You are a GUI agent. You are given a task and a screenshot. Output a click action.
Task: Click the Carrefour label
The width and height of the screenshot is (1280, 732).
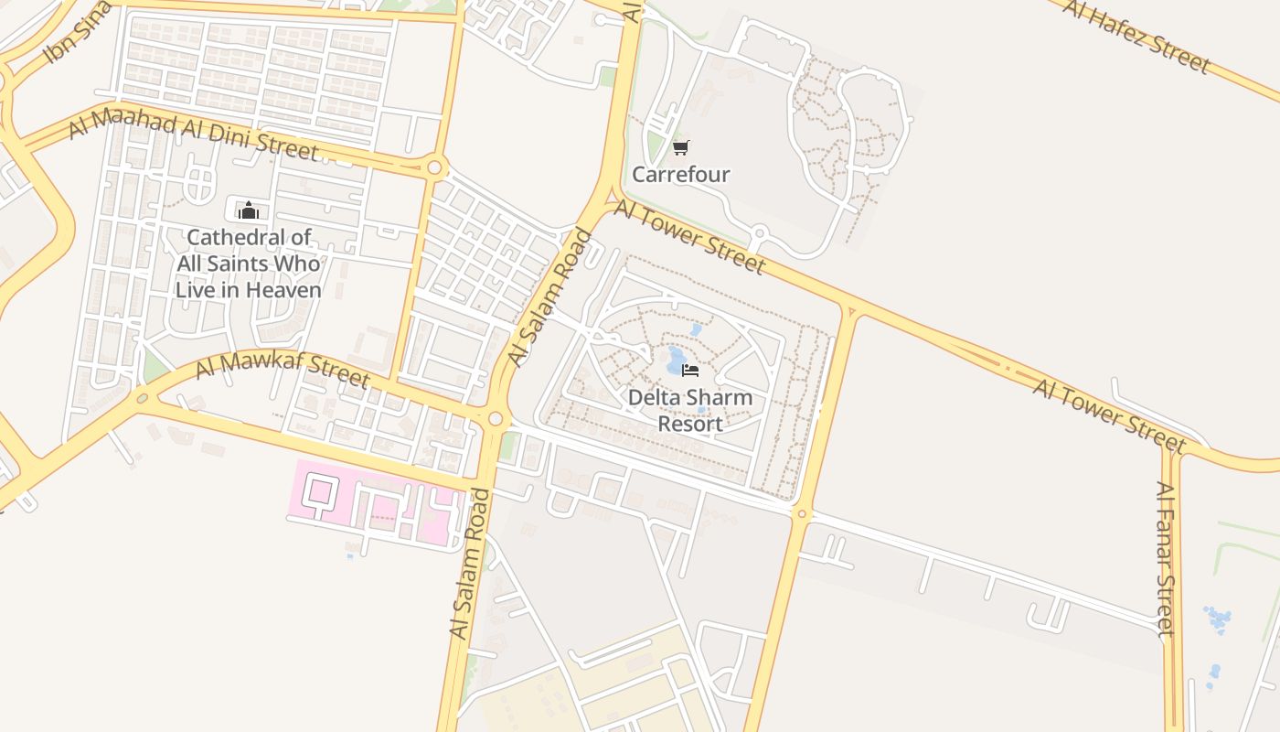[681, 174]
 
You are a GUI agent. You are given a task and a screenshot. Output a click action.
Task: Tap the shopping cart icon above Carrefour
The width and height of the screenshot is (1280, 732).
[680, 147]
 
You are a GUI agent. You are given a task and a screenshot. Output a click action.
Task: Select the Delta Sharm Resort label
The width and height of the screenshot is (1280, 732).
[691, 411]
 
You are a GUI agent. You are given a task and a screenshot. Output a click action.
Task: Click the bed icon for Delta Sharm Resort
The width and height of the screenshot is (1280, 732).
[690, 371]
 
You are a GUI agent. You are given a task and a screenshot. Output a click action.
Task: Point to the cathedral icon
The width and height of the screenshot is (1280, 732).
[248, 210]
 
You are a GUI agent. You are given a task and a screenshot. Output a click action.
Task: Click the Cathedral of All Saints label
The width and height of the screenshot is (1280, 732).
[249, 264]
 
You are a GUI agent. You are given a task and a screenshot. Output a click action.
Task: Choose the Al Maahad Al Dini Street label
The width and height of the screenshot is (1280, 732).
[193, 134]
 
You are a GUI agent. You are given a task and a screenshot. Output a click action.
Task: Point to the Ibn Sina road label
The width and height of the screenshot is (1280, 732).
[78, 34]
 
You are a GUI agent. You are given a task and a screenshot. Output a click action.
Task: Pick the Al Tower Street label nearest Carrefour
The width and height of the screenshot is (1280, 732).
[688, 237]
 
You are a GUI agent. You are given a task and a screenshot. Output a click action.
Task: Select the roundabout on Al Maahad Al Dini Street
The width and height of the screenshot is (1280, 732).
[434, 168]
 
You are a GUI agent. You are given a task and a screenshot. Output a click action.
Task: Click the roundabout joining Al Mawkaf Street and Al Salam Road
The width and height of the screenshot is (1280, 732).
[496, 419]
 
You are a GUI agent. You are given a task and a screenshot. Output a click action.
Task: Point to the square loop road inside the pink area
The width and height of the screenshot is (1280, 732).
[318, 490]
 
